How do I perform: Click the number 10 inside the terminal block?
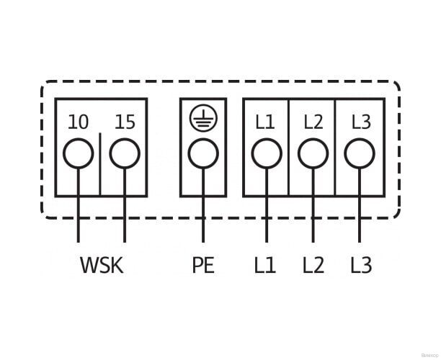pyautogui.click(x=79, y=122)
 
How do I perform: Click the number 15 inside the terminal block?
pyautogui.click(x=125, y=122)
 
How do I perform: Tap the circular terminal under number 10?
pyautogui.click(x=79, y=153)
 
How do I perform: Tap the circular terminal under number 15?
pyautogui.click(x=125, y=153)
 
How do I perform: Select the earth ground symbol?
pyautogui.click(x=202, y=119)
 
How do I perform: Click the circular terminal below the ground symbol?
pyautogui.click(x=202, y=153)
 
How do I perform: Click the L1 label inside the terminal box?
pyautogui.click(x=265, y=122)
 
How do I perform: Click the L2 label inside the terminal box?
pyautogui.click(x=313, y=122)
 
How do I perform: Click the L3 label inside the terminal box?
pyautogui.click(x=360, y=122)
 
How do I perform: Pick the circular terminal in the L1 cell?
pyautogui.click(x=265, y=153)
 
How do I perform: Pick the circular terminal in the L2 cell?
pyautogui.click(x=313, y=153)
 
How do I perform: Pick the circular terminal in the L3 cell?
pyautogui.click(x=360, y=153)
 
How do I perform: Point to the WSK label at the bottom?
pyautogui.click(x=102, y=266)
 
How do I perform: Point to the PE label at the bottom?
pyautogui.click(x=203, y=266)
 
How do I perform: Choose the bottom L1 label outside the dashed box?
pyautogui.click(x=265, y=266)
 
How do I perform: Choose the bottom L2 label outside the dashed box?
pyautogui.click(x=313, y=266)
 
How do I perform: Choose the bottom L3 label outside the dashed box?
pyautogui.click(x=360, y=266)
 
